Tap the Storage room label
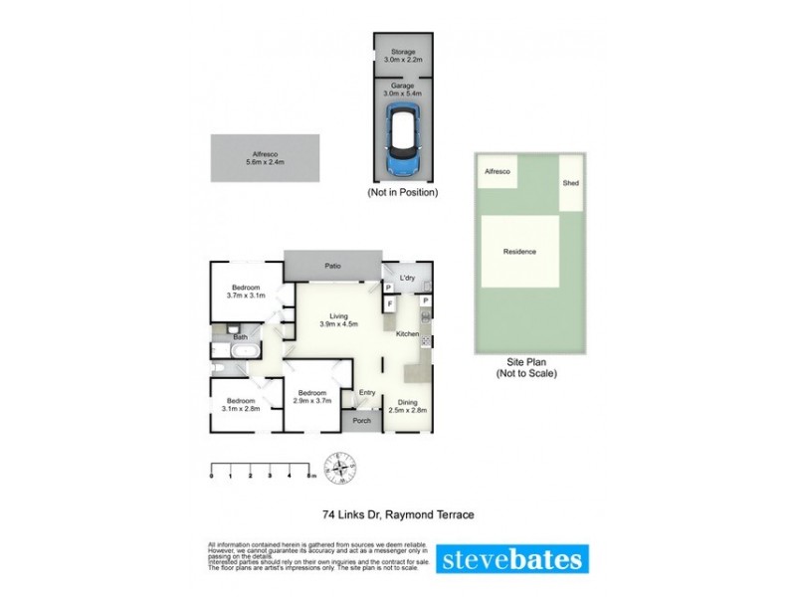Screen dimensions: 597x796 click(404, 55)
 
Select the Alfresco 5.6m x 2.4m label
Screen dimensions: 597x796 click(265, 157)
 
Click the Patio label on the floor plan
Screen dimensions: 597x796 click(332, 266)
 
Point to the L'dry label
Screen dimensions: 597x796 click(407, 277)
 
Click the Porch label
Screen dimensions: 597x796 click(361, 420)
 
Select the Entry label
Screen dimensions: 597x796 click(368, 392)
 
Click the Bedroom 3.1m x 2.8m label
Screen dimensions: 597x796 click(235, 405)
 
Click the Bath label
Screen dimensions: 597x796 click(240, 337)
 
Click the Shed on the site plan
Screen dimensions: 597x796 click(571, 183)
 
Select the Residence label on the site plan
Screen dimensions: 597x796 click(519, 252)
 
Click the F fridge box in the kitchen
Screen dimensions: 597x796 click(391, 302)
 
